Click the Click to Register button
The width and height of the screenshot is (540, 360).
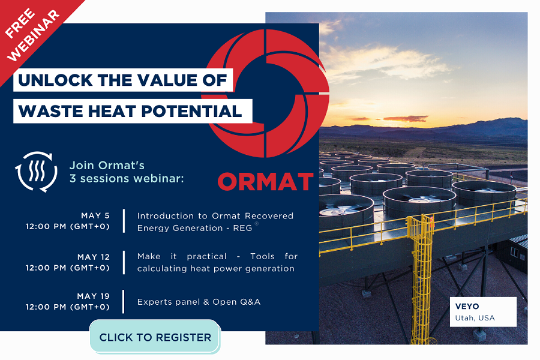point(155,337)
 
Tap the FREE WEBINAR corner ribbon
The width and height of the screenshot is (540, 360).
point(33,33)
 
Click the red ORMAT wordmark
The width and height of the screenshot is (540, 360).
point(265,181)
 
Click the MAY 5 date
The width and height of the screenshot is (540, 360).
point(95,215)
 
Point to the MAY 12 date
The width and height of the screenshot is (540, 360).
point(94,257)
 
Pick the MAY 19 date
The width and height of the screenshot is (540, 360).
point(94,296)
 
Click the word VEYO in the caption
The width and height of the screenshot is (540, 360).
point(467,307)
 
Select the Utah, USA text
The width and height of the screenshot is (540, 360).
point(475,317)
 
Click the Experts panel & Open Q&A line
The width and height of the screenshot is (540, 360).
point(199,302)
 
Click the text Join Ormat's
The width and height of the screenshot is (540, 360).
point(107,165)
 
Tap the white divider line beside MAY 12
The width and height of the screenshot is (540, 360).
point(124,262)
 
